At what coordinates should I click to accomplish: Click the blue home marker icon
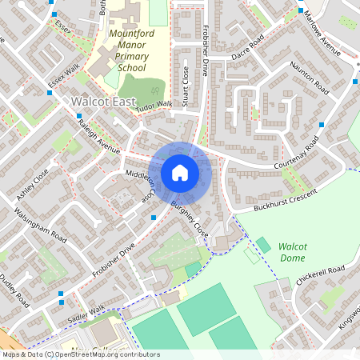tap(179, 173)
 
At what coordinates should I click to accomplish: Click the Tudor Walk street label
tap(154, 105)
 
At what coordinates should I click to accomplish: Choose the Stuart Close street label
tap(185, 86)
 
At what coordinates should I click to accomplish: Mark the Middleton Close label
tap(138, 183)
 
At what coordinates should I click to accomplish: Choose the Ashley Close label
tap(33, 183)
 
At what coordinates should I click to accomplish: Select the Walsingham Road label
tap(41, 224)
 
